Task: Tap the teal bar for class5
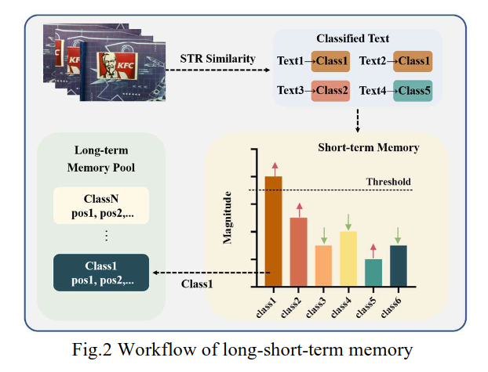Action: pyautogui.click(x=373, y=272)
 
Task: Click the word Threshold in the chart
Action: pyautogui.click(x=388, y=182)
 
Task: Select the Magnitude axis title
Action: pyautogui.click(x=228, y=217)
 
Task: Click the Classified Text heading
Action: pyautogui.click(x=352, y=38)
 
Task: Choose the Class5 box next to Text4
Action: pyautogui.click(x=410, y=90)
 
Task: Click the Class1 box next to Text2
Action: pyautogui.click(x=410, y=60)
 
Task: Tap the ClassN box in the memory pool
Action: pyautogui.click(x=100, y=204)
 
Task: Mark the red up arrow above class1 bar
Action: pyautogui.click(x=275, y=167)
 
